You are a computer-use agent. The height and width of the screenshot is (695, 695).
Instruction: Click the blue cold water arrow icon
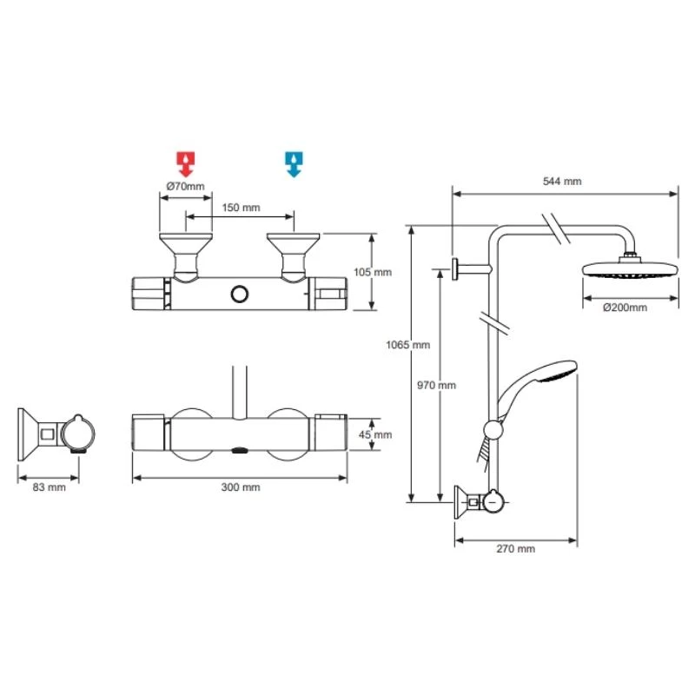pyautogui.click(x=293, y=162)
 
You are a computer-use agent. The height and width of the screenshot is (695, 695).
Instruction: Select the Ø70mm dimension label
pyautogui.click(x=185, y=185)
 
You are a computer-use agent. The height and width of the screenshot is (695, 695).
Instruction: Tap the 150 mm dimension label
pyautogui.click(x=241, y=208)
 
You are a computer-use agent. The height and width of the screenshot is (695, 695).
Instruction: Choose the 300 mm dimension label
pyautogui.click(x=241, y=487)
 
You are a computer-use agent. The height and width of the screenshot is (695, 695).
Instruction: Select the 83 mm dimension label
pyautogui.click(x=49, y=487)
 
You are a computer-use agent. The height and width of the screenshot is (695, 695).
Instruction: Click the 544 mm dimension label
pyautogui.click(x=562, y=182)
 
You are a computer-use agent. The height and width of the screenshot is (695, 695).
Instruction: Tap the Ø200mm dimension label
pyautogui.click(x=626, y=307)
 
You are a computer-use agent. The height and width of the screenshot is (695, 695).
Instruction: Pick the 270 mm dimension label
pyautogui.click(x=516, y=549)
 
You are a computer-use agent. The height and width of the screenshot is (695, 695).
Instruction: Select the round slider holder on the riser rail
pyautogui.click(x=493, y=428)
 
